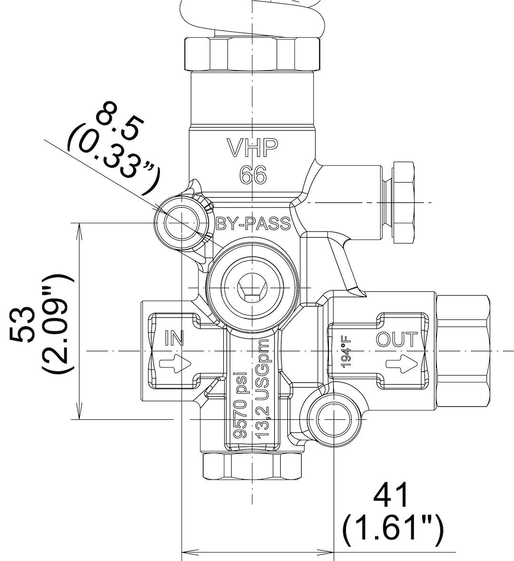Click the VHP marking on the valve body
click(252, 148)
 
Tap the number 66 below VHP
click(253, 175)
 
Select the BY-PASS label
click(254, 223)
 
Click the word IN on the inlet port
click(174, 338)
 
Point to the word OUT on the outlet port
click(397, 339)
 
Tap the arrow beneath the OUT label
click(402, 364)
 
